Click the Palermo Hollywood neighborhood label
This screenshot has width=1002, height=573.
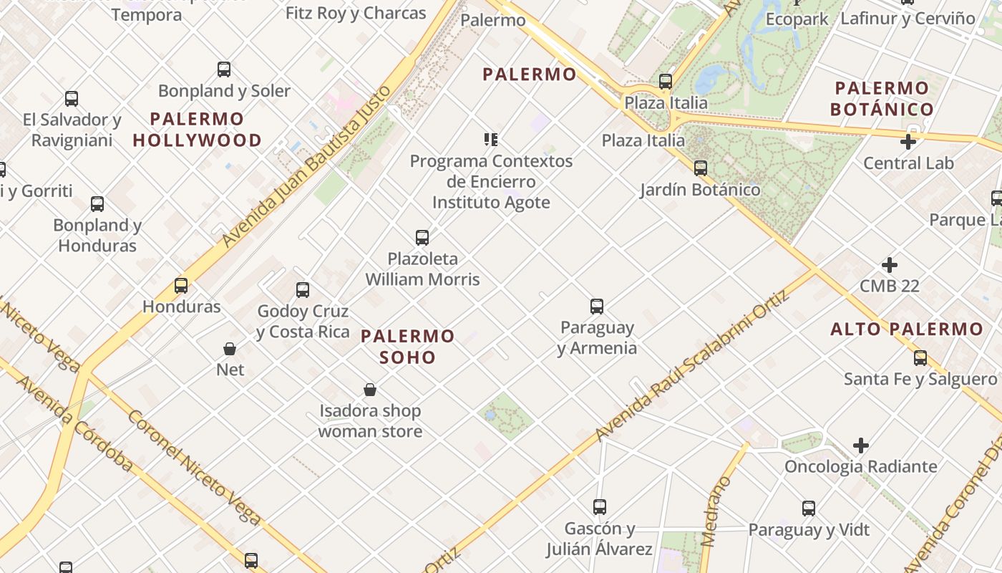click(x=197, y=130)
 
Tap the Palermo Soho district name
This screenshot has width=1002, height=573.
click(x=407, y=347)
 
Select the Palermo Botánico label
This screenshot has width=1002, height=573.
click(x=882, y=99)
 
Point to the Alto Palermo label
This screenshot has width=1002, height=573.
click(x=906, y=329)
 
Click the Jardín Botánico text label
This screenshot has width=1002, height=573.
click(x=700, y=190)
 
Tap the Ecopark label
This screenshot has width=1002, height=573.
click(x=797, y=19)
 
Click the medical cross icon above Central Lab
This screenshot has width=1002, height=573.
click(x=908, y=142)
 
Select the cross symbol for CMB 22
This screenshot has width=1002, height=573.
click(x=890, y=266)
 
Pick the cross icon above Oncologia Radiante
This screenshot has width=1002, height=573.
click(x=861, y=446)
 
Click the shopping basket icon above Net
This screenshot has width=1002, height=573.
click(x=230, y=349)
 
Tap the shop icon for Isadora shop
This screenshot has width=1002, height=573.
click(x=370, y=390)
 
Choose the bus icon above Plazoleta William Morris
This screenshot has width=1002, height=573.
click(x=422, y=237)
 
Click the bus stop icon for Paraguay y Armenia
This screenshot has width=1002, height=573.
click(x=597, y=307)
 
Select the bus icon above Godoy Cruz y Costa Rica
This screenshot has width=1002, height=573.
click(x=303, y=290)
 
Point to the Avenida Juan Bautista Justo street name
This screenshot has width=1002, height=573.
click(x=307, y=166)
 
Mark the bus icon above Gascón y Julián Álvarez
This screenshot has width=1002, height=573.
click(x=600, y=507)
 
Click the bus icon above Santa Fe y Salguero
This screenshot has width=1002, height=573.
click(x=920, y=357)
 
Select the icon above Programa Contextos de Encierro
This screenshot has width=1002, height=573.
click(x=491, y=140)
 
